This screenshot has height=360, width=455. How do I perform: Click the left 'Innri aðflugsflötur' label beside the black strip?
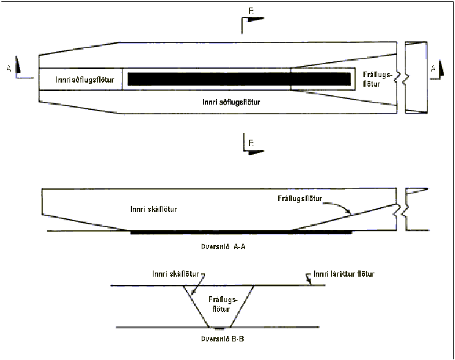tap(80, 79)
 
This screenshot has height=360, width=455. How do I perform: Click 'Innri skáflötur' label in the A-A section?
tap(154, 208)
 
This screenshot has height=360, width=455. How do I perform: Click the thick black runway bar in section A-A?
tap(241, 233)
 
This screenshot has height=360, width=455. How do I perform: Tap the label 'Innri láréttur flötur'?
tap(344, 274)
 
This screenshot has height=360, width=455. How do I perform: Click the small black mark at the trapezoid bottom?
tap(218, 328)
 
